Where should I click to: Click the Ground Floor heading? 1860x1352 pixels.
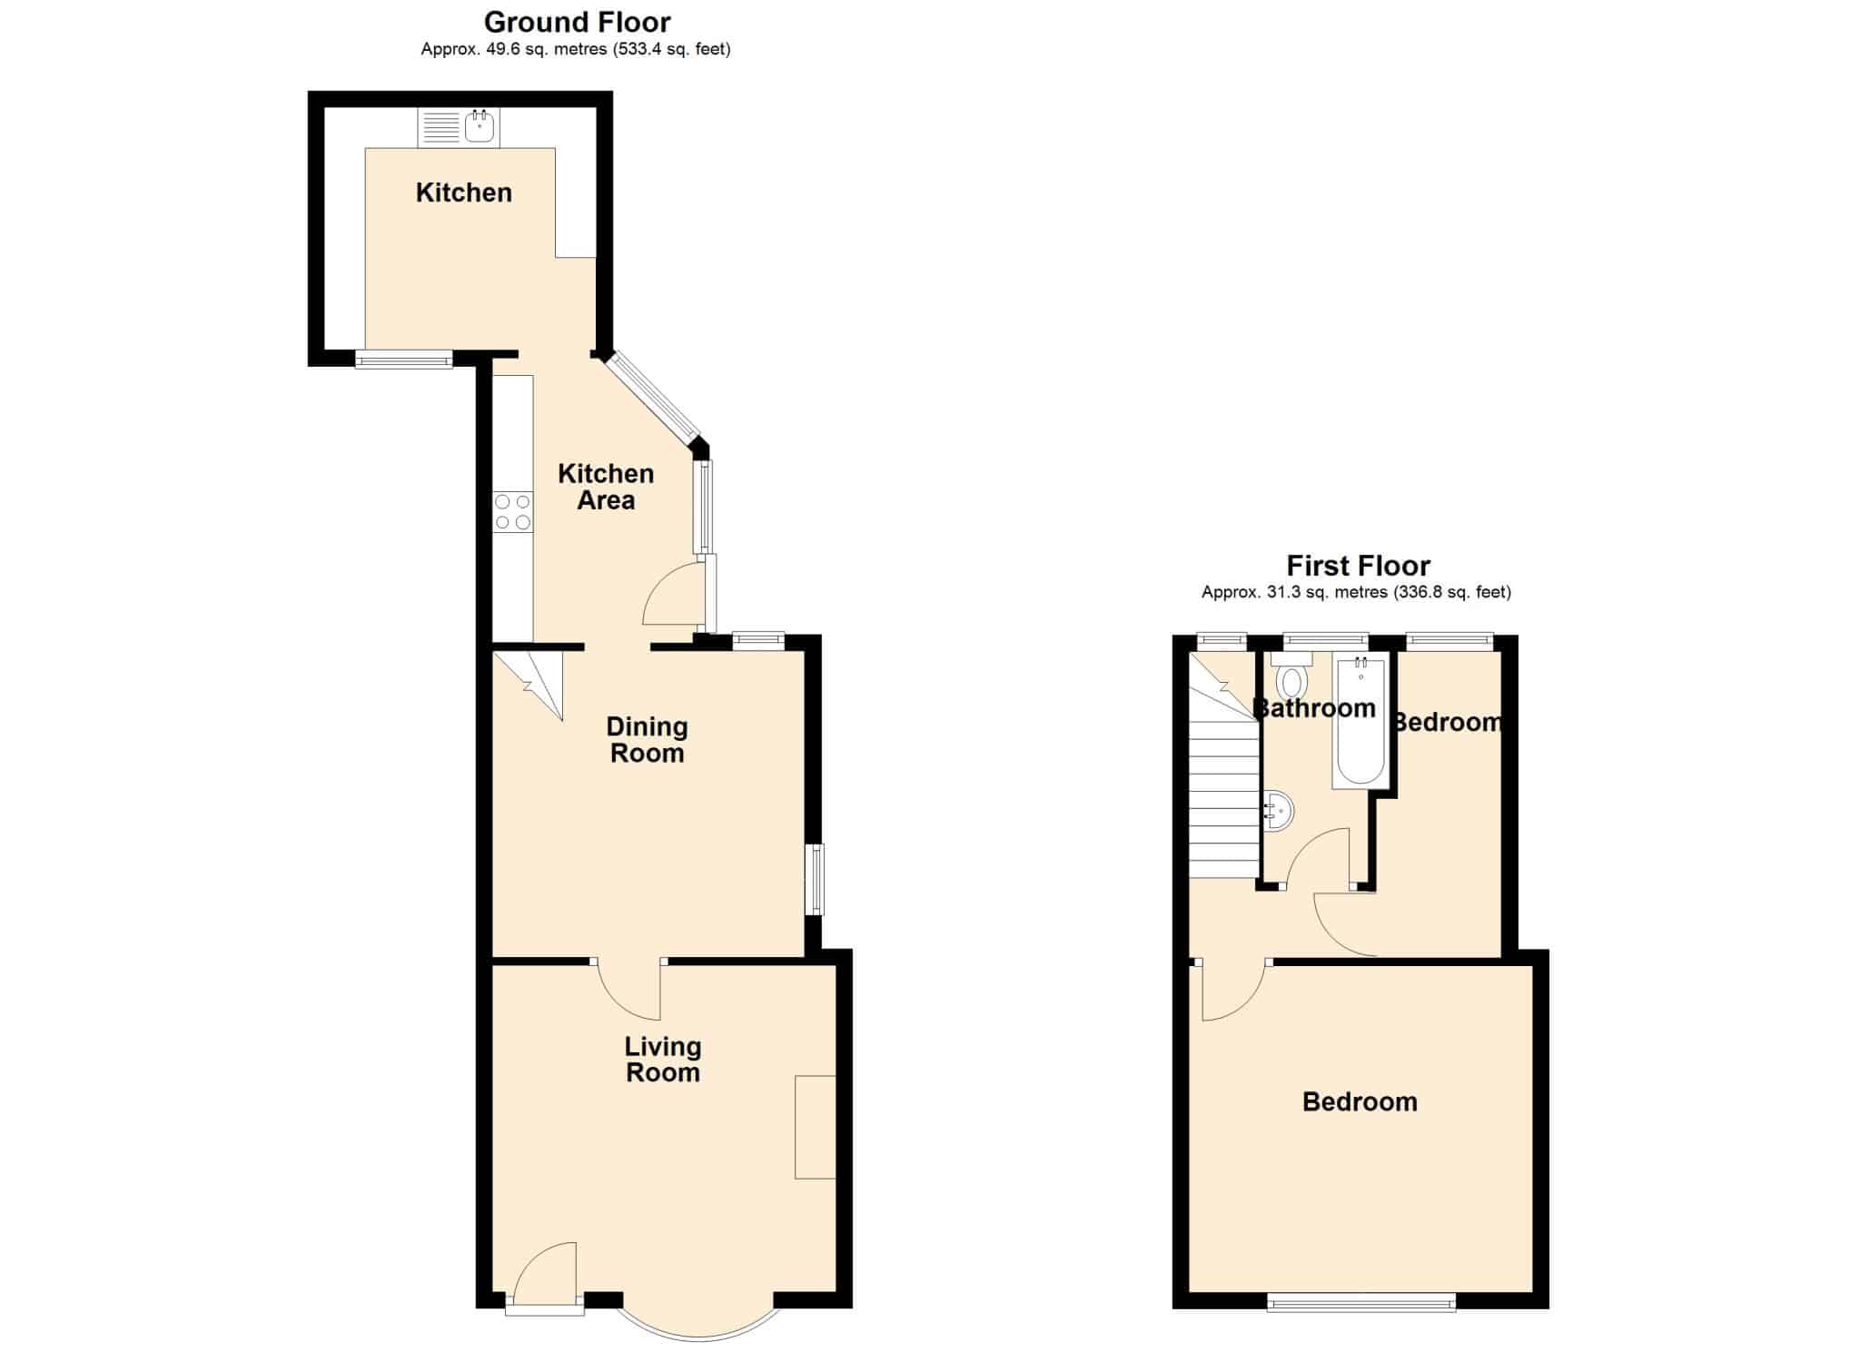pos(577,22)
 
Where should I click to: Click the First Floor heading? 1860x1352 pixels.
pos(1358,566)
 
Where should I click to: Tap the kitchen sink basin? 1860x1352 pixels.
pos(480,128)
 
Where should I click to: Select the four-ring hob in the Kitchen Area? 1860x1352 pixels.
pos(512,511)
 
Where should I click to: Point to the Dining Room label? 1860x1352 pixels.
pos(647,739)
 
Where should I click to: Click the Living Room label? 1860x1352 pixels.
pos(663,1060)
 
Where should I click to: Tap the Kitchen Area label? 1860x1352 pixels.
pos(606,487)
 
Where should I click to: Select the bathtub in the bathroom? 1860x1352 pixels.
pos(1360,723)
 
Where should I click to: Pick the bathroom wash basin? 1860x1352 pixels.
pos(1278,812)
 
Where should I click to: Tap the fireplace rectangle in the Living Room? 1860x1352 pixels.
pos(815,1127)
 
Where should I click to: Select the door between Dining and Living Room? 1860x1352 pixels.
pos(628,990)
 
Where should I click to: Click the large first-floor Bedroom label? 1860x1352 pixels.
pos(1360,1101)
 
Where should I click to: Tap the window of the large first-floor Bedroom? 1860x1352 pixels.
pos(1361,1302)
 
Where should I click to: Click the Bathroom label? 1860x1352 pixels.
pos(1314,708)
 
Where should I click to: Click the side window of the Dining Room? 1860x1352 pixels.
pos(816,879)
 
